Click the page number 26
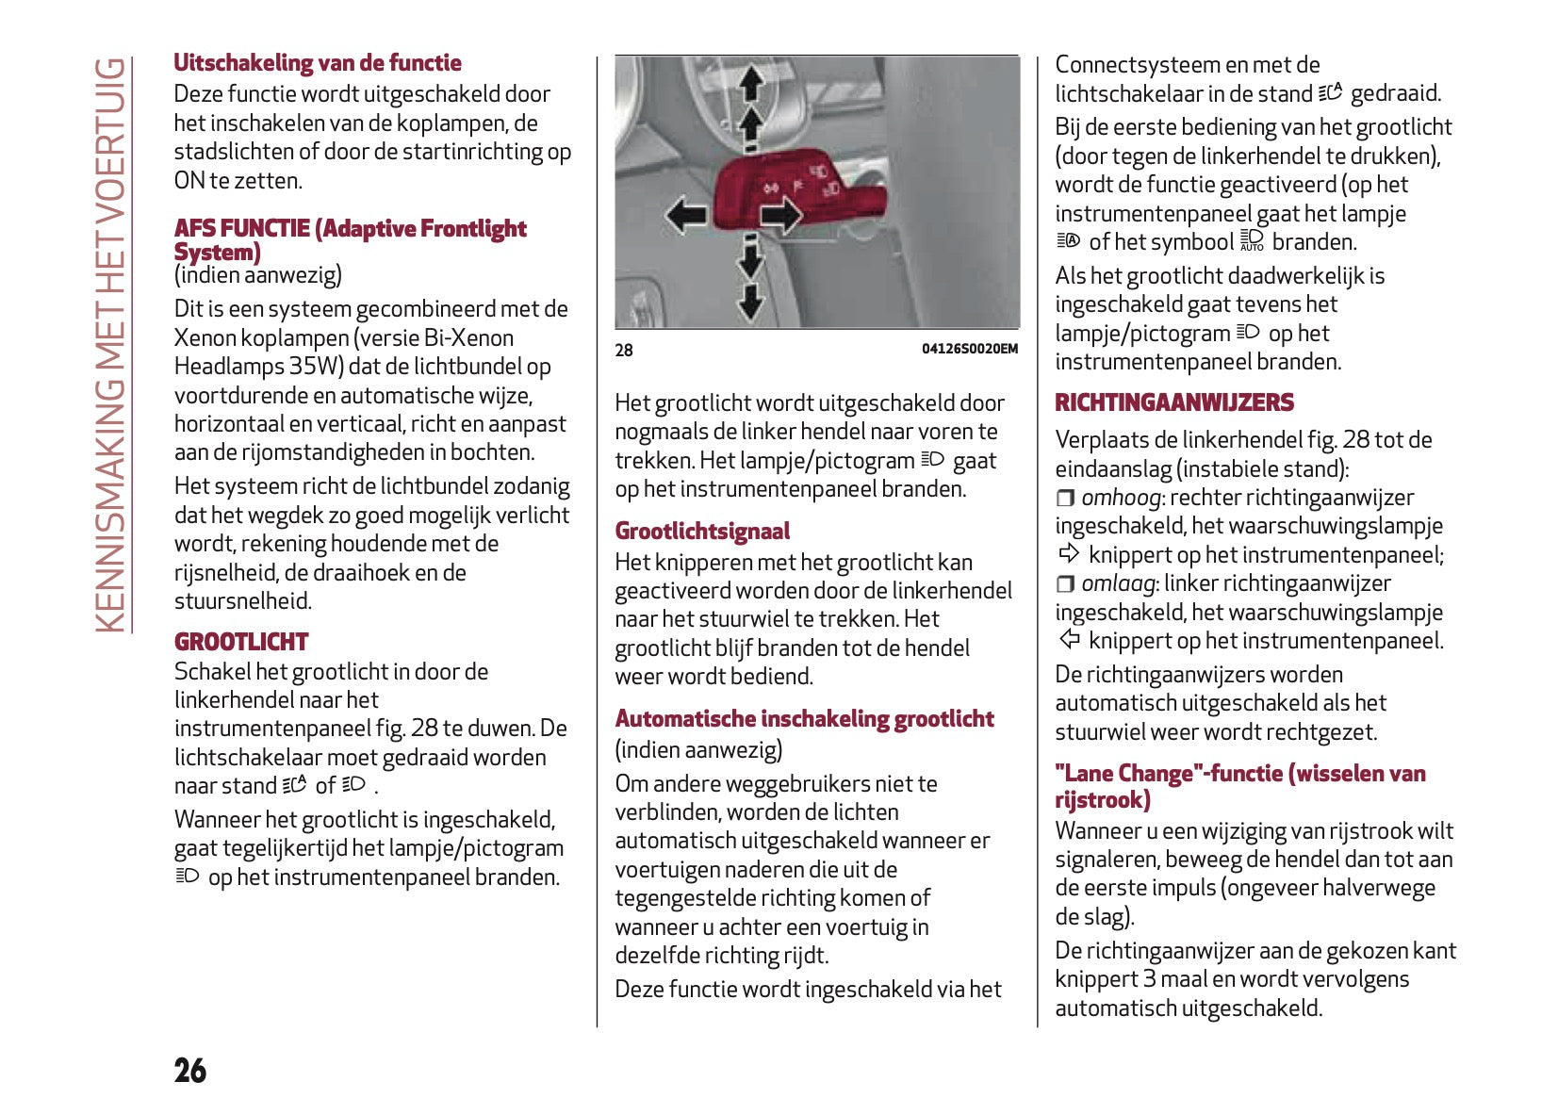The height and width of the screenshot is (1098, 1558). click(x=190, y=1071)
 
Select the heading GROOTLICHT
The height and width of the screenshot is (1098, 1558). click(x=241, y=642)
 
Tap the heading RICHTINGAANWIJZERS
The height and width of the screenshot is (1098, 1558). click(x=1173, y=402)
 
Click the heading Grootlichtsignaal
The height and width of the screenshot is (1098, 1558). click(x=702, y=531)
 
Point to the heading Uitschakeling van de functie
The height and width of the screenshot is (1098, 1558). click(x=318, y=63)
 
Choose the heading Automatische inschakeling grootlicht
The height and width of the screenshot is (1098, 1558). click(x=804, y=719)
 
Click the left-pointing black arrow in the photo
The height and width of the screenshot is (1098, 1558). click(x=685, y=215)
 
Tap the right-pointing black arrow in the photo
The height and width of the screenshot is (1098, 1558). click(x=780, y=216)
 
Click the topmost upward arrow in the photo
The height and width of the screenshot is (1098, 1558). click(x=751, y=83)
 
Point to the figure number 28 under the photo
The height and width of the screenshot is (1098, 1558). click(x=624, y=351)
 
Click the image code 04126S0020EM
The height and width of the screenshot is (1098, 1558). click(x=969, y=349)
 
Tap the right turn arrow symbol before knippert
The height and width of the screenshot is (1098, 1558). click(x=1069, y=553)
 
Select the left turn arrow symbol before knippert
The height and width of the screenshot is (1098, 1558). click(x=1069, y=639)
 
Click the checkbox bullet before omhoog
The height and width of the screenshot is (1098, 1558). click(x=1065, y=498)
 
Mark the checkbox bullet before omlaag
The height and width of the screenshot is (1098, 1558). click(x=1065, y=584)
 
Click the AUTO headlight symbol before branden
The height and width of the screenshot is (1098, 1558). click(x=1252, y=241)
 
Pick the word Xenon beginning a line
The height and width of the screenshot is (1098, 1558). click(x=203, y=338)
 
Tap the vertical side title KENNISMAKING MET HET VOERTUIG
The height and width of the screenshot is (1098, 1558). click(x=111, y=345)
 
